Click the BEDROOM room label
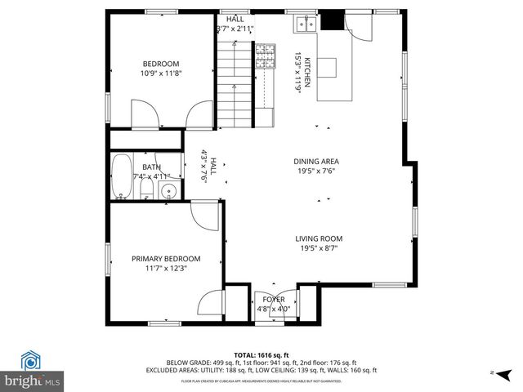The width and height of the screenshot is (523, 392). tap(161, 64)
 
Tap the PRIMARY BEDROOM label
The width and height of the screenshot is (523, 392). tap(166, 258)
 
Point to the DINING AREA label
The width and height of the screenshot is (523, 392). tap(316, 161)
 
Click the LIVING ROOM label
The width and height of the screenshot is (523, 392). tap(319, 238)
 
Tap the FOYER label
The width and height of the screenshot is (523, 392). tap(274, 300)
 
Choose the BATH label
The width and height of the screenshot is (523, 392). tap(152, 167)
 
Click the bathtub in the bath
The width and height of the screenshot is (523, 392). tap(123, 177)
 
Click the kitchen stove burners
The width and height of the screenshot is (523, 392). tap(266, 56)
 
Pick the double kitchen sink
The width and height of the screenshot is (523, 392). tap(306, 24)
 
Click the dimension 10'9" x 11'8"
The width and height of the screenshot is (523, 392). tap(161, 73)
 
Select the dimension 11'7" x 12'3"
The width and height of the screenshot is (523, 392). tap(166, 268)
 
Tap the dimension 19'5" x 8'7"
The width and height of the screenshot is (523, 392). tap(319, 248)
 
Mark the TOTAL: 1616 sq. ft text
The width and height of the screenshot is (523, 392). tap(261, 354)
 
